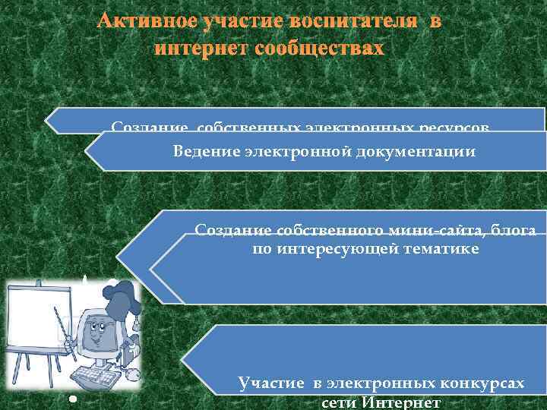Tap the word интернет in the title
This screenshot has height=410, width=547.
coord(198,49)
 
